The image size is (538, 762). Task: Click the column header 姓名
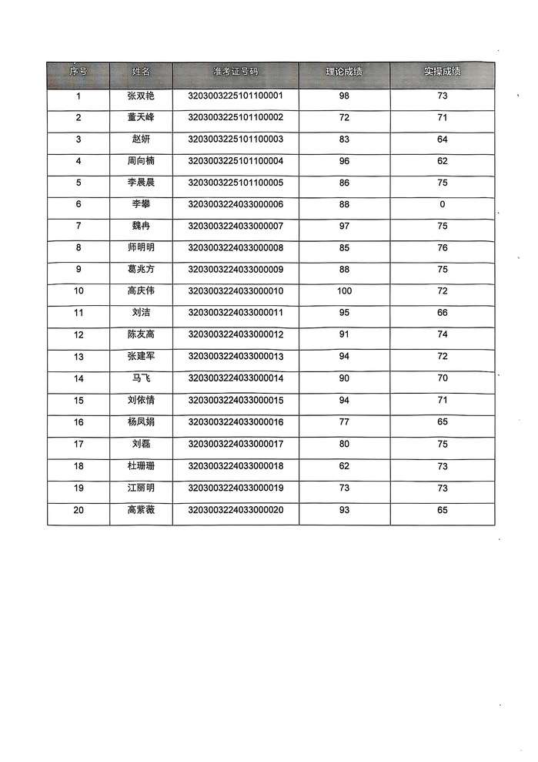pyautogui.click(x=141, y=72)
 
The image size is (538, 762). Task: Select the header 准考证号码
pyautogui.click(x=236, y=72)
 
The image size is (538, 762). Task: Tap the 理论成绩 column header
pyautogui.click(x=343, y=72)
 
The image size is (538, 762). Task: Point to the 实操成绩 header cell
pyautogui.click(x=442, y=72)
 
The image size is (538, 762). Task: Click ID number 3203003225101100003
pyautogui.click(x=236, y=139)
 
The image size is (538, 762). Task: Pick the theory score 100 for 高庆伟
pyautogui.click(x=344, y=291)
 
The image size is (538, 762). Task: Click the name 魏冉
pyautogui.click(x=141, y=226)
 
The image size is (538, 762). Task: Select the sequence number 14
pyautogui.click(x=79, y=378)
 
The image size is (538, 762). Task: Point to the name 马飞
pyautogui.click(x=141, y=378)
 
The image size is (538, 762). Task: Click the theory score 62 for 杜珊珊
pyautogui.click(x=344, y=465)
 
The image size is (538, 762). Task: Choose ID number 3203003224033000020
pyautogui.click(x=236, y=509)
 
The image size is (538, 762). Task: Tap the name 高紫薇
pyautogui.click(x=141, y=509)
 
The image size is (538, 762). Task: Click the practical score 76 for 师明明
pyautogui.click(x=442, y=248)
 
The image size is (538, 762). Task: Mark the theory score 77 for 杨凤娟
pyautogui.click(x=344, y=422)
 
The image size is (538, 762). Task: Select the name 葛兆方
pyautogui.click(x=141, y=270)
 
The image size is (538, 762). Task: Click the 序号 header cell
pyautogui.click(x=79, y=72)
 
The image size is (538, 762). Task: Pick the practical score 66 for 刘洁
pyautogui.click(x=442, y=313)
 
